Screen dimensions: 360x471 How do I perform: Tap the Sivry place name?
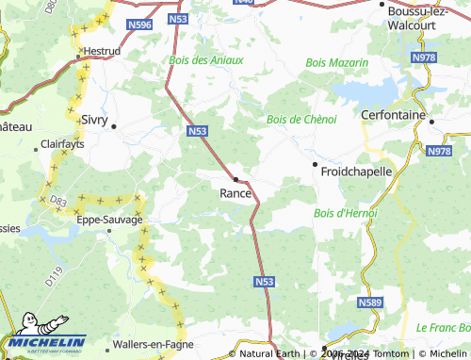coord(94,121)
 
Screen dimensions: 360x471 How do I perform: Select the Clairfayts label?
coord(63,144)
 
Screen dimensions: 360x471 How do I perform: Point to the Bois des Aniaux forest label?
coord(206,59)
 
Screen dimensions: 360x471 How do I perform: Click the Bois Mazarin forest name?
coord(336,62)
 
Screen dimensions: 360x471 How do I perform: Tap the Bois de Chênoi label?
coord(301,120)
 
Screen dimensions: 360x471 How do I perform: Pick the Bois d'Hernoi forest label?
coord(345,213)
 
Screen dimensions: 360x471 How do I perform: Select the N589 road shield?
coord(369,303)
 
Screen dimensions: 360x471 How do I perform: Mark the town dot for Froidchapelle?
coord(314,164)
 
